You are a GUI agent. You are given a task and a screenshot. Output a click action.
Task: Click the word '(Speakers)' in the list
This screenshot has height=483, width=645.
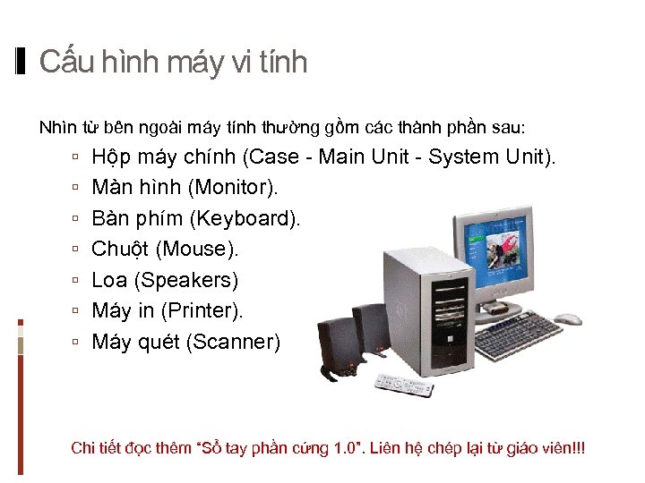pyautogui.click(x=186, y=281)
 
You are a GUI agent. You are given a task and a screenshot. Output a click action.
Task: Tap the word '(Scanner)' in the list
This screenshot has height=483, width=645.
pyautogui.click(x=233, y=342)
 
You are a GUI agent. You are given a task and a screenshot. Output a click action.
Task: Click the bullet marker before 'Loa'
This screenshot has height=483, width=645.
pyautogui.click(x=78, y=281)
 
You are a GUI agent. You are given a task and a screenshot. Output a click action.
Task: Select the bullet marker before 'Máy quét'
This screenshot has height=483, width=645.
pyautogui.click(x=78, y=342)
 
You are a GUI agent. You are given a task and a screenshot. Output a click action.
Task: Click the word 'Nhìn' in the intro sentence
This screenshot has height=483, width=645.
pyautogui.click(x=56, y=127)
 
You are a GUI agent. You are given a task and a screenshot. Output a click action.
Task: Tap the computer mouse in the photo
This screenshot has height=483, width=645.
pyautogui.click(x=568, y=318)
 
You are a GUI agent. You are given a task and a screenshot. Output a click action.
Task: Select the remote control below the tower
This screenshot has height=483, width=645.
pyautogui.click(x=403, y=385)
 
